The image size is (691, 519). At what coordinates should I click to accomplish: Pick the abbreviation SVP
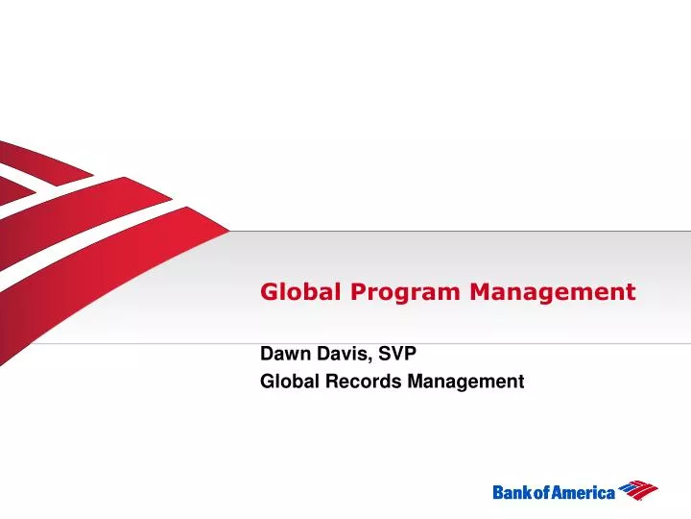[396, 354]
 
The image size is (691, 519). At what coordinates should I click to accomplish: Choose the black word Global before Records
[287, 382]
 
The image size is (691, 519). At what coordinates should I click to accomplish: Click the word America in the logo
[582, 492]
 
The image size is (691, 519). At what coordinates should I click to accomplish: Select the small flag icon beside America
[638, 490]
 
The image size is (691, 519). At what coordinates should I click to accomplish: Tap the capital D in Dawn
[267, 354]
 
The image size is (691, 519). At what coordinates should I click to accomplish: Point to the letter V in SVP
[396, 354]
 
